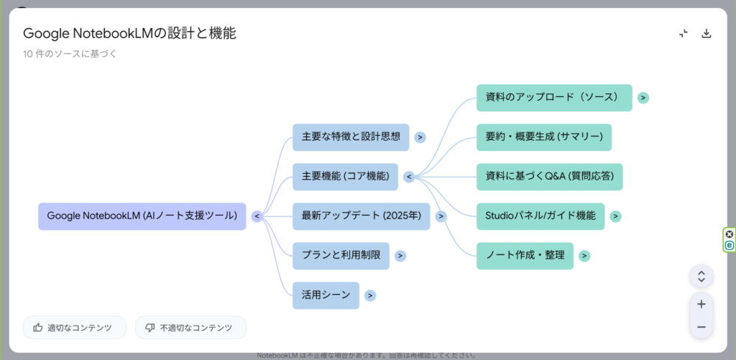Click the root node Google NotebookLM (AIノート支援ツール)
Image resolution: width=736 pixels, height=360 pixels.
point(142,216)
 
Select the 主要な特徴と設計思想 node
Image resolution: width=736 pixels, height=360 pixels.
point(351,137)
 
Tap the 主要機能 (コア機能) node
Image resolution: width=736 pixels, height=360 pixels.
point(345,177)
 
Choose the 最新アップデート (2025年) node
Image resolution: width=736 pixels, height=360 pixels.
point(361,216)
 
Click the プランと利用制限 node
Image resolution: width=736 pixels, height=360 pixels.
point(341,256)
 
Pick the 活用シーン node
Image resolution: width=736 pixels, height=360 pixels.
point(326,295)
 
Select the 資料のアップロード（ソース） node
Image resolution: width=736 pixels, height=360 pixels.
point(554,98)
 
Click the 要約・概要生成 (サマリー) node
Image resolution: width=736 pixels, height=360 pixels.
point(544,137)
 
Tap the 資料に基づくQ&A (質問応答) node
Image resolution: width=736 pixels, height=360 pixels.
point(549,177)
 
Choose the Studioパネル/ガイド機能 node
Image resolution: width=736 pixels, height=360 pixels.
point(540,216)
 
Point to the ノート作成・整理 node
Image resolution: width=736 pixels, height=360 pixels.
point(525,255)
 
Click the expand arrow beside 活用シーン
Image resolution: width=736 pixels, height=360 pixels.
point(369,295)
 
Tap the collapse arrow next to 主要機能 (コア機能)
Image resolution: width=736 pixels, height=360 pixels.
point(408,177)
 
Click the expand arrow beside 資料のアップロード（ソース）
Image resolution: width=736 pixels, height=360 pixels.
point(643,98)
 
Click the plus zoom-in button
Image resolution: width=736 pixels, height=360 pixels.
point(701,304)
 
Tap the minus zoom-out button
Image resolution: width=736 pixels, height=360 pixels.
point(701,327)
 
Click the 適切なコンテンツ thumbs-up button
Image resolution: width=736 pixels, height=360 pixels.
point(74,328)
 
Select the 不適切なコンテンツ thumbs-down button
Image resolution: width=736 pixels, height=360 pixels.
point(190,328)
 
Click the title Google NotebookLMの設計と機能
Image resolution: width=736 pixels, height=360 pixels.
point(129,33)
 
